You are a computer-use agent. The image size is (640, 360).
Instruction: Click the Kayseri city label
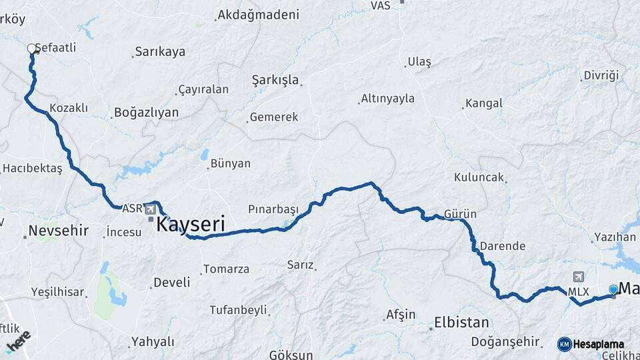click(190, 225)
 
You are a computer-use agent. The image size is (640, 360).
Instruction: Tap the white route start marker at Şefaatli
click(31, 48)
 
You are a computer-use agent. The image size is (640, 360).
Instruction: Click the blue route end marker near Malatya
click(613, 289)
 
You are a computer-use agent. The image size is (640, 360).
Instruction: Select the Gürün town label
click(461, 214)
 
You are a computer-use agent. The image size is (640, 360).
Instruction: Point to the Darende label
click(502, 246)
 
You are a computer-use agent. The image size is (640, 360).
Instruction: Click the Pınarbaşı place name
click(273, 209)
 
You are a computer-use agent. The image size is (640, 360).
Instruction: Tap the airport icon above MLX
click(577, 277)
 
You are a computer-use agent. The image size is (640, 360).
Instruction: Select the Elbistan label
click(461, 323)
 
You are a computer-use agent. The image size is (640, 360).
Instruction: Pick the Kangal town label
click(483, 103)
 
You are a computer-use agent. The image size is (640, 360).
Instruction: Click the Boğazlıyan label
click(147, 113)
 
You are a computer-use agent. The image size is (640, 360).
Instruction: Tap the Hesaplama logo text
click(599, 344)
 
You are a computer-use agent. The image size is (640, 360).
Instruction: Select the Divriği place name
click(601, 75)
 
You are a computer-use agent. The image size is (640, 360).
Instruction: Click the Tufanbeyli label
click(238, 310)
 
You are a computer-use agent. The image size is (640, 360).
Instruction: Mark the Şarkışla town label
click(275, 80)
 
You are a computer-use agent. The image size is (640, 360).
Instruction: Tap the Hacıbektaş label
click(32, 169)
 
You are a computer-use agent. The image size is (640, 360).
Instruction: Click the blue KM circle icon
click(564, 344)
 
